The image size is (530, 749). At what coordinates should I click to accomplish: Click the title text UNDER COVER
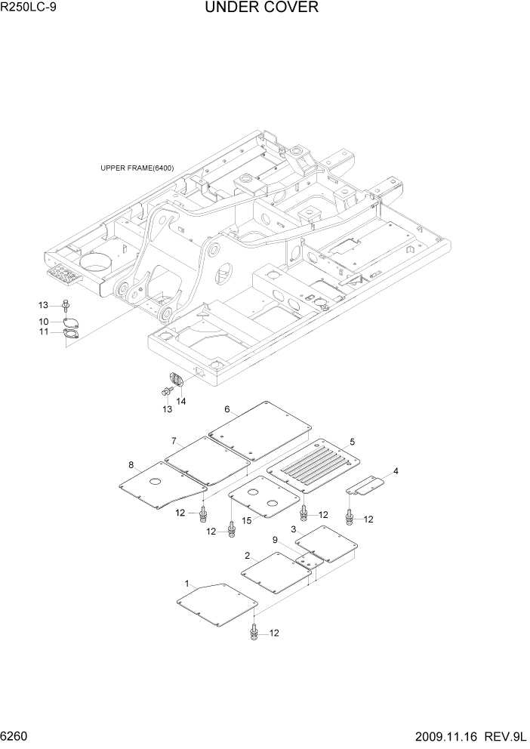[261, 8]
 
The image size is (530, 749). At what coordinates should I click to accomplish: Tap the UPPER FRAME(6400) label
[137, 168]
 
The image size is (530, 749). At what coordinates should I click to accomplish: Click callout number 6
[226, 411]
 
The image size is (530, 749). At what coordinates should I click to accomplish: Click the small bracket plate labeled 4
[368, 486]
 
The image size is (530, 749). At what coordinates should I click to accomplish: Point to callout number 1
[186, 583]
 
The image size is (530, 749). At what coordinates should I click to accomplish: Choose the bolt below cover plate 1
[253, 633]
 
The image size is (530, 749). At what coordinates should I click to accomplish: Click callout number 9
[276, 540]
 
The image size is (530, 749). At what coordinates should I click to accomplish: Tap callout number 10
[44, 322]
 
